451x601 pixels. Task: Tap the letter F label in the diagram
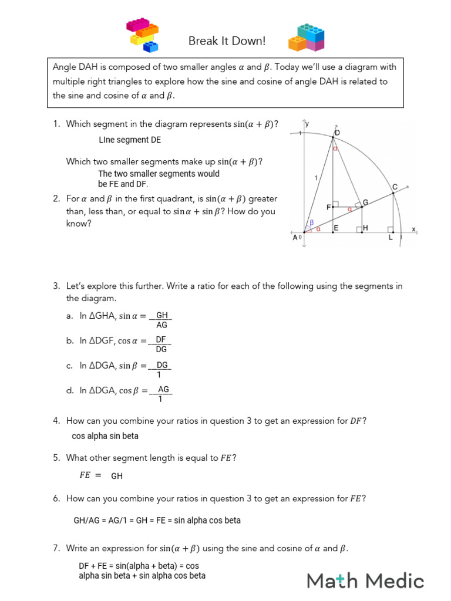(329, 207)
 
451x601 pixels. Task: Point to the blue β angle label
(311, 222)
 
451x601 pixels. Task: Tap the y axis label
(307, 123)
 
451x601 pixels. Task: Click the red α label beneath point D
(335, 149)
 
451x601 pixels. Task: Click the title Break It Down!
(227, 41)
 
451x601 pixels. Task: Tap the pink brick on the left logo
(139, 25)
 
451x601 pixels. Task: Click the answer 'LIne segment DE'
(130, 140)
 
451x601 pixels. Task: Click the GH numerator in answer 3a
(162, 316)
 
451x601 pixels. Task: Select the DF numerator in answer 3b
(161, 340)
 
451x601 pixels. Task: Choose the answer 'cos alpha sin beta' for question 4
(105, 436)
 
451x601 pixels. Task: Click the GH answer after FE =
(117, 476)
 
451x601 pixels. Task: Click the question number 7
(56, 548)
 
